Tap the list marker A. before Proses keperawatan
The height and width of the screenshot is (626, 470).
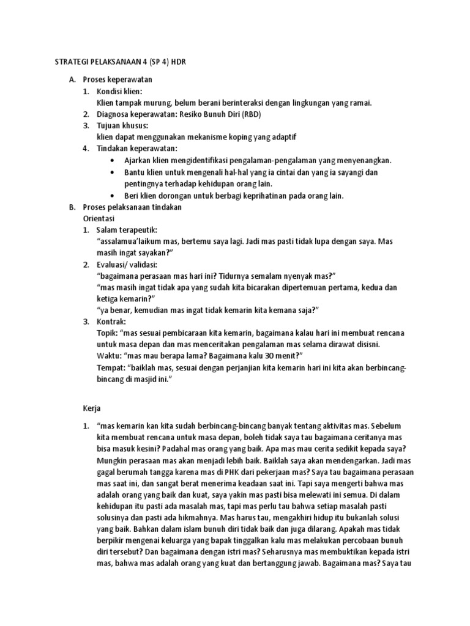click(x=72, y=79)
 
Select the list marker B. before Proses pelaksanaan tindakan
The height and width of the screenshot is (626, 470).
click(x=72, y=207)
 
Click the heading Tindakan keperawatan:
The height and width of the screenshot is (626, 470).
click(x=135, y=149)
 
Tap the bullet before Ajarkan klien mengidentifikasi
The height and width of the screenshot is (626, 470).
click(x=113, y=161)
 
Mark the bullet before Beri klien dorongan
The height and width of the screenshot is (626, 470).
click(x=113, y=196)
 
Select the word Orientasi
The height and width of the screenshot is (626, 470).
click(x=99, y=218)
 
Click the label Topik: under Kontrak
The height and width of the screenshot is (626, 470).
click(x=108, y=333)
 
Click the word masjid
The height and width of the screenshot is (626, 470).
click(x=144, y=380)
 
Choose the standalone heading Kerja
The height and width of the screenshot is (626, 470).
click(x=92, y=408)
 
